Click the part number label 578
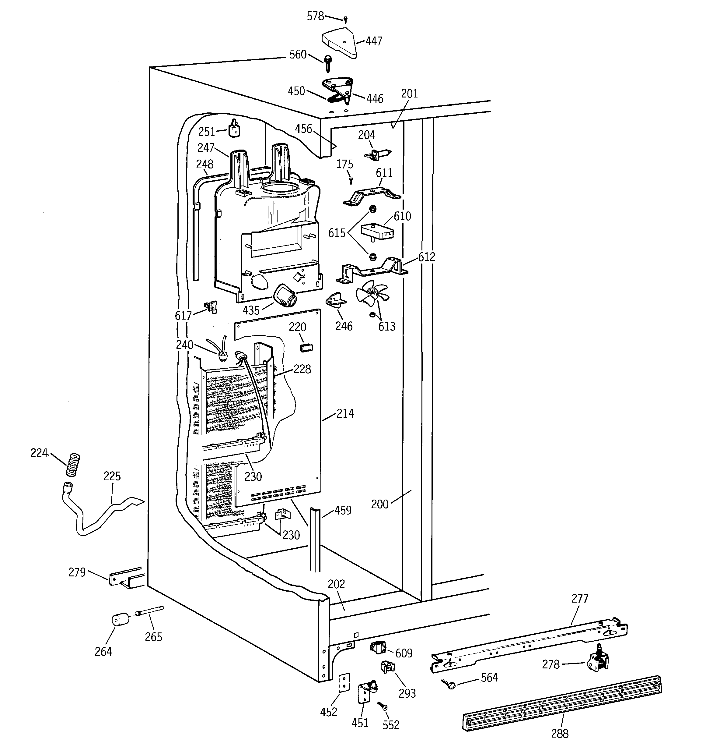tap(315, 16)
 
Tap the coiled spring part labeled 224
tap(72, 464)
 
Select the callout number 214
tap(345, 413)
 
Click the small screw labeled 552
tap(383, 706)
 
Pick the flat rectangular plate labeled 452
tap(344, 683)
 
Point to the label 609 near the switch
tap(404, 653)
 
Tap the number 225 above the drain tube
tap(112, 476)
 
